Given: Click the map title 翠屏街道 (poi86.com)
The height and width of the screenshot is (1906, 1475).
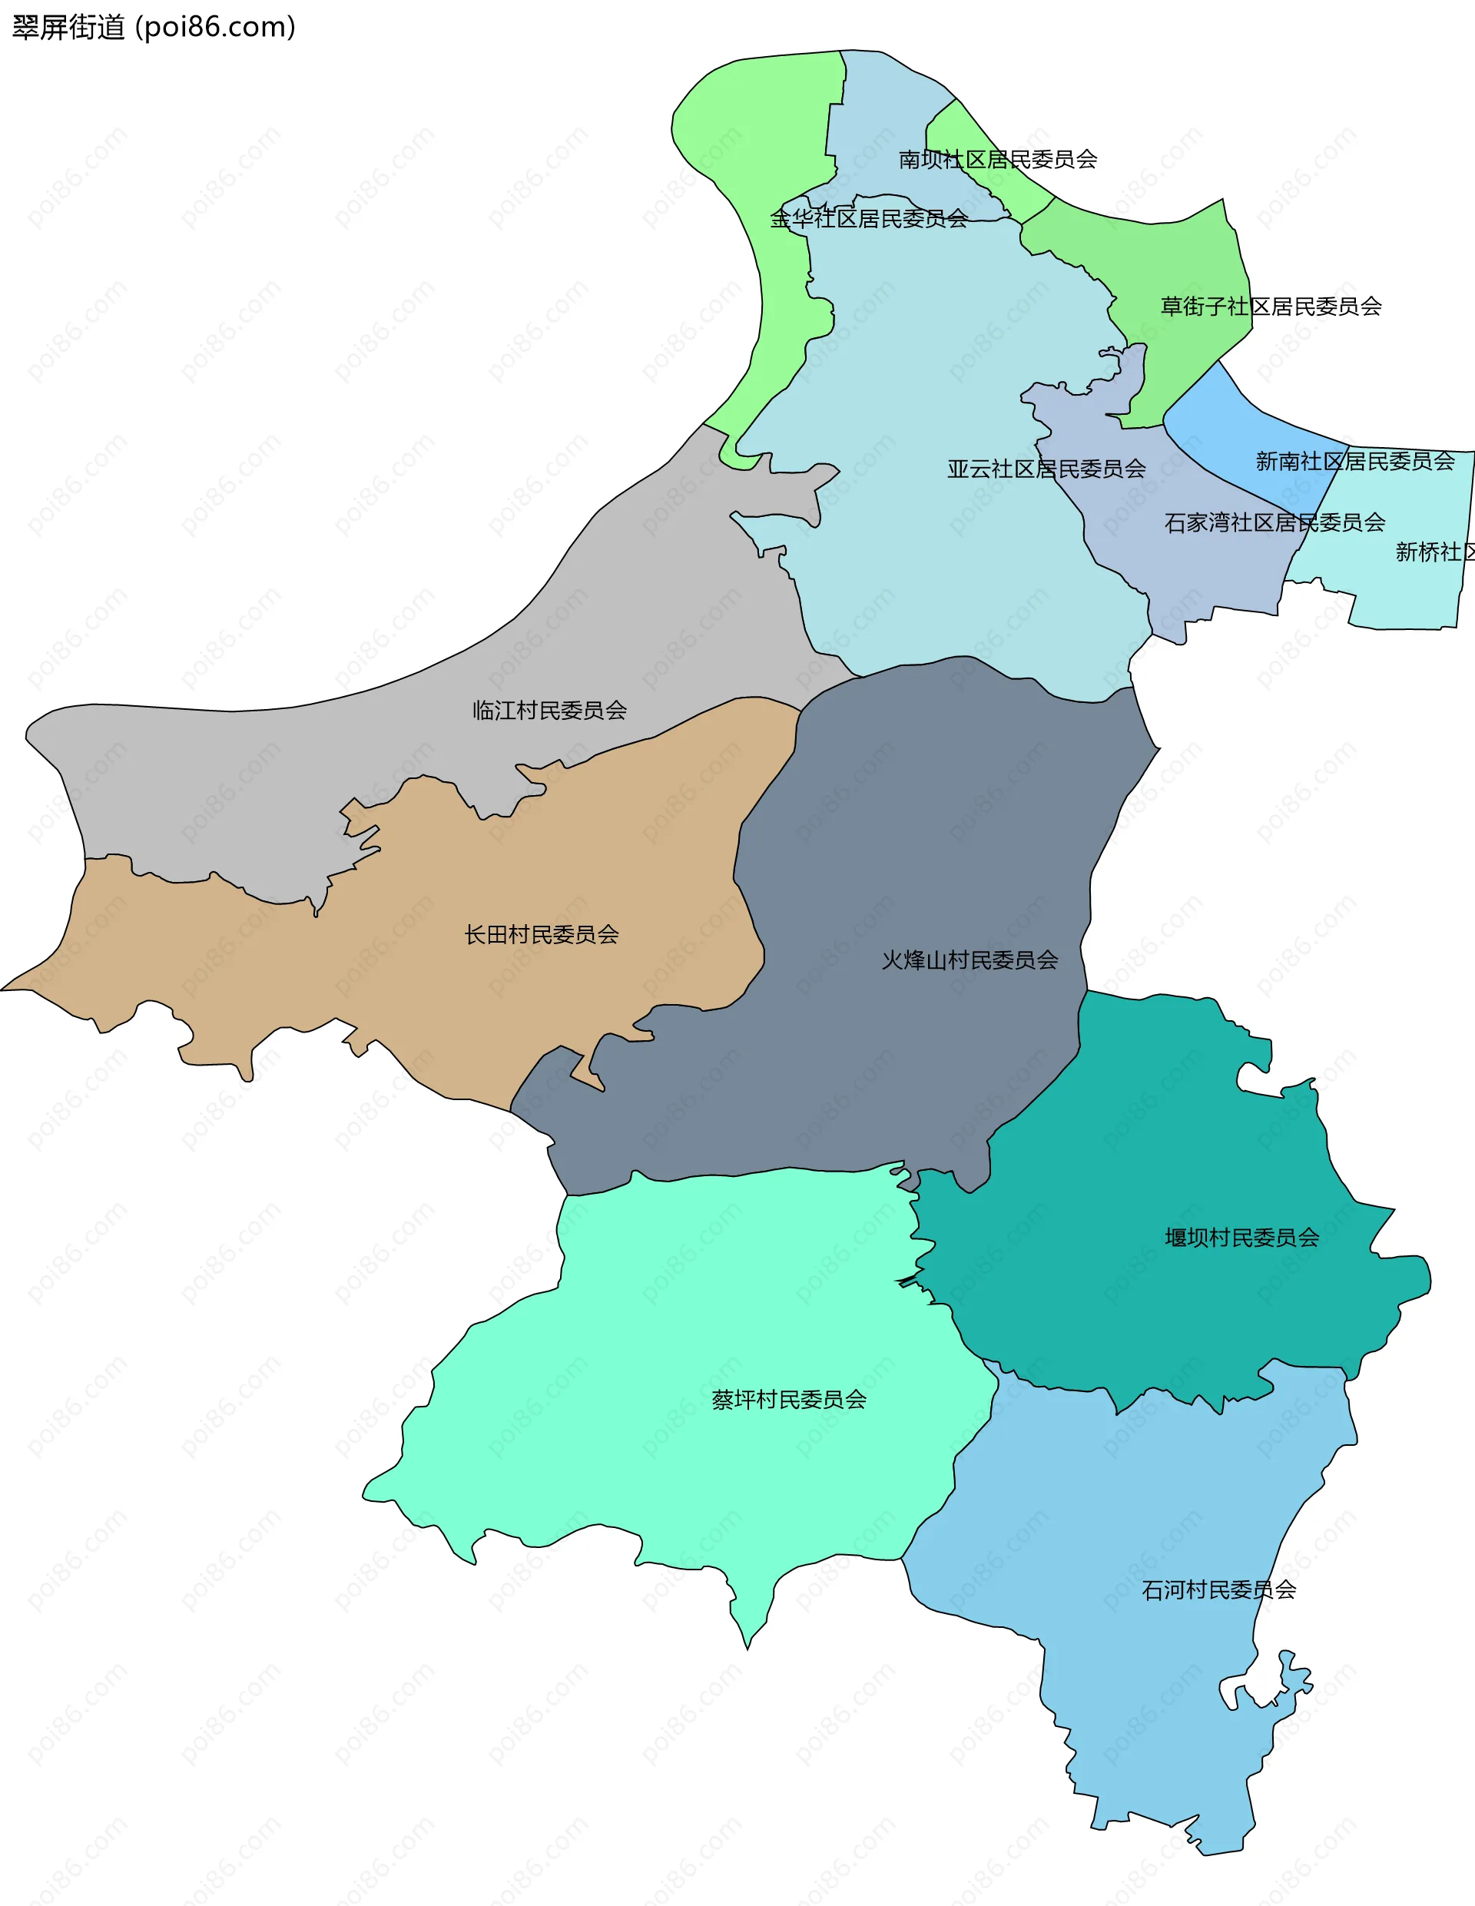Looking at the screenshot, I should [x=154, y=28].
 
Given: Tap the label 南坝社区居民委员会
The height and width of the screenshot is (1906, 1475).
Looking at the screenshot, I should [x=998, y=160].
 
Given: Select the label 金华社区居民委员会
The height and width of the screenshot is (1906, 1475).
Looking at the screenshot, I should [x=868, y=219].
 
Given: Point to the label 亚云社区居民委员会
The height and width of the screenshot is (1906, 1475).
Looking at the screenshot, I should [x=1046, y=469].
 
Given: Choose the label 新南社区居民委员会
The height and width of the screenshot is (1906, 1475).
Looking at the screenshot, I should [x=1354, y=462].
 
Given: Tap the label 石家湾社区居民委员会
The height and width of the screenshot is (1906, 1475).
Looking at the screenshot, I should [x=1274, y=522].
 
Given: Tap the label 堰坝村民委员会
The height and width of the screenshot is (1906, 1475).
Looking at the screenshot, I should [x=1241, y=1238].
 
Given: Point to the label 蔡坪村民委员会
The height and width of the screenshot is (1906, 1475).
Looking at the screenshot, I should [x=788, y=1400].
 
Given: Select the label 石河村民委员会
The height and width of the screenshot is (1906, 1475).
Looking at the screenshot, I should [x=1218, y=1590].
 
